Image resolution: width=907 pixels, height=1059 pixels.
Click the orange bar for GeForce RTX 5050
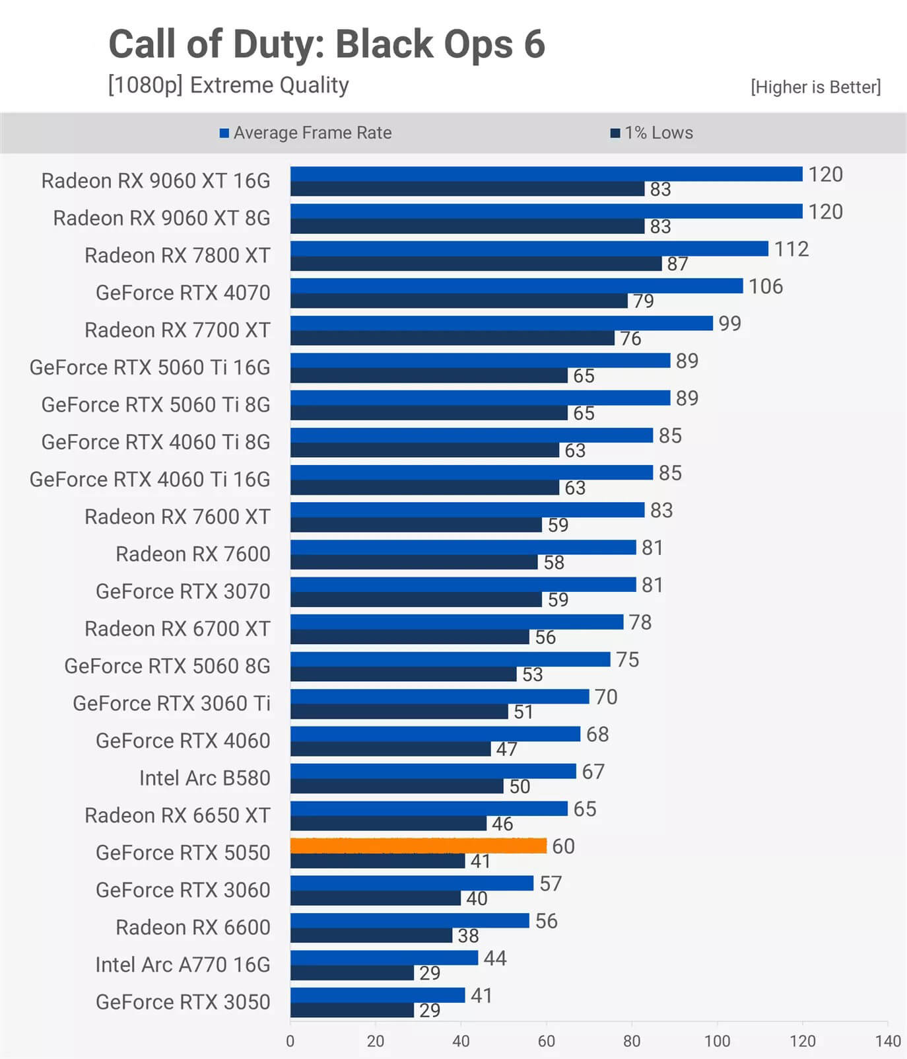point(418,846)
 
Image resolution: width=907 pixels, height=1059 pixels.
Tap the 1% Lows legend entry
point(652,133)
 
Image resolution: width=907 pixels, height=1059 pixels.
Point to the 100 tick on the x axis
point(717,1041)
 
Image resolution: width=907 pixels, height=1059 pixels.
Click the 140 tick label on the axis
point(888,1041)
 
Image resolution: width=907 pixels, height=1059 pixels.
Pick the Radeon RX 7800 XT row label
point(177,256)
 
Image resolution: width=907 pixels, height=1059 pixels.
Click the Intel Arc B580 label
point(205,778)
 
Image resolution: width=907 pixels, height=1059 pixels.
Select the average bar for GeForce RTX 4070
point(516,285)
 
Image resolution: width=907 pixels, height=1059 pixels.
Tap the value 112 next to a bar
point(791,249)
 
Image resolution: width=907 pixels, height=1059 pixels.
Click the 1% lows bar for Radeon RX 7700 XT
point(452,338)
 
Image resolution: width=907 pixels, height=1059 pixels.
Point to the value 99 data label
point(729,324)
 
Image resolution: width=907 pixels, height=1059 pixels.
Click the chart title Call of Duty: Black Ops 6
point(327,44)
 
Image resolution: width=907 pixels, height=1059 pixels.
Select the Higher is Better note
point(815,87)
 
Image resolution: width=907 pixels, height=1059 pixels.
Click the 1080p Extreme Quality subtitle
point(228,85)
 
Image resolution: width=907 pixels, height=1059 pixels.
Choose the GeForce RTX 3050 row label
point(183,1002)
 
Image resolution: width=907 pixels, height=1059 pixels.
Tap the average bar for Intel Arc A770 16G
point(384,957)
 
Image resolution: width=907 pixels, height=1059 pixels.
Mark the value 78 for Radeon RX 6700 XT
point(640,622)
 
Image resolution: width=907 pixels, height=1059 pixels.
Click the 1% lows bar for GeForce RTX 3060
point(376,898)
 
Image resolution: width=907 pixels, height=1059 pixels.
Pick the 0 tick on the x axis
point(290,1041)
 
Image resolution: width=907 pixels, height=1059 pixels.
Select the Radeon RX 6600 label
point(193,928)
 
